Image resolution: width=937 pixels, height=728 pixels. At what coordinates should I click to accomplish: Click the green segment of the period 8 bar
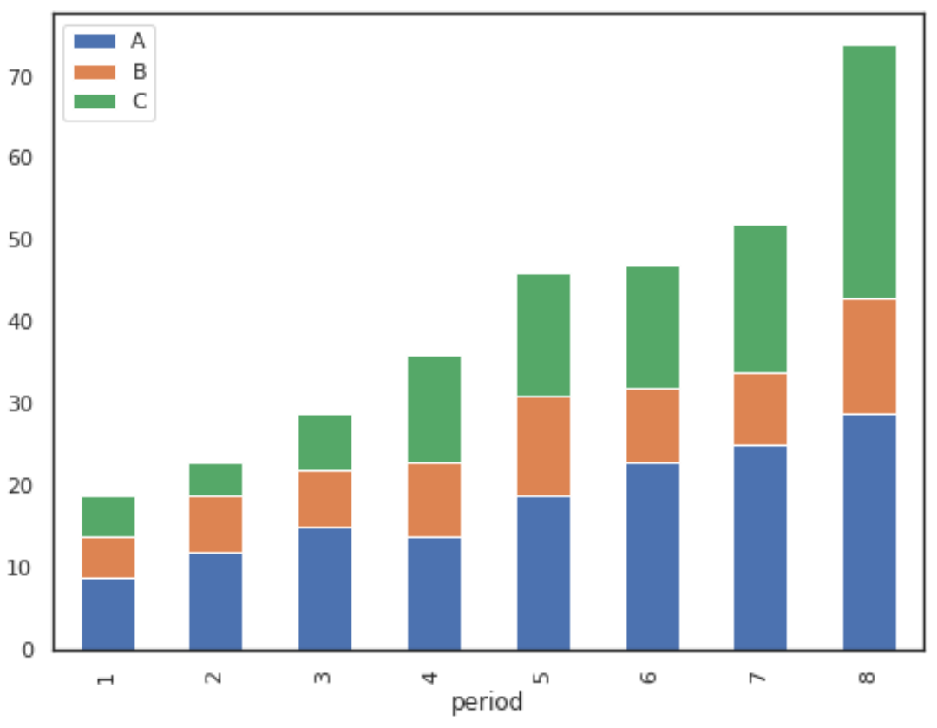[868, 172]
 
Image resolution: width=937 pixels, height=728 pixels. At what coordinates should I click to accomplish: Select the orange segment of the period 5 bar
[543, 446]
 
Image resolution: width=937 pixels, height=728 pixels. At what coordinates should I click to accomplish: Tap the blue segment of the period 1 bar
[108, 613]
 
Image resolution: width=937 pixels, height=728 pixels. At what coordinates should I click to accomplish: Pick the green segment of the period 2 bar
[216, 480]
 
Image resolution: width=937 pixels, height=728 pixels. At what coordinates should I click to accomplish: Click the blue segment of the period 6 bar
[652, 556]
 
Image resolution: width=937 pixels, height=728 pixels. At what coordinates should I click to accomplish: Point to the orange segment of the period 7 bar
[760, 409]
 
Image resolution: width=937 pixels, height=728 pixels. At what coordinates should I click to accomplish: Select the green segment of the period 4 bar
[434, 410]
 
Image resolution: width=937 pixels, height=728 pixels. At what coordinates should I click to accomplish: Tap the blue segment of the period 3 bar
[324, 588]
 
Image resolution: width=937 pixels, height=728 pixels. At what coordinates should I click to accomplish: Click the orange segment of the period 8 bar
[868, 357]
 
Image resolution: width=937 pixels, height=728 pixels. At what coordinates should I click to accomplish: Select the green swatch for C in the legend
[95, 102]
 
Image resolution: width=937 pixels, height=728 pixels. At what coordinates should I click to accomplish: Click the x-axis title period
[487, 702]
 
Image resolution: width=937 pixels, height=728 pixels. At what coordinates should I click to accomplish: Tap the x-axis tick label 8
[867, 676]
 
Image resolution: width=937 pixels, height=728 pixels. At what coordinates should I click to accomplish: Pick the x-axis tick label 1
[105, 676]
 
